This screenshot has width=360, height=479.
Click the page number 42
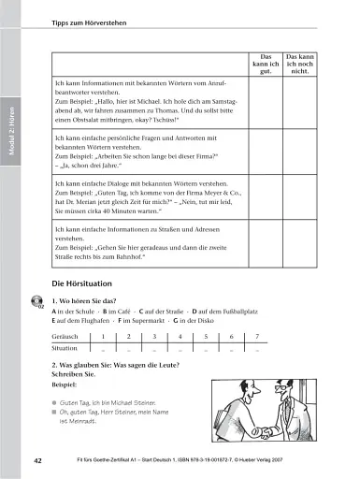tap(36, 461)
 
